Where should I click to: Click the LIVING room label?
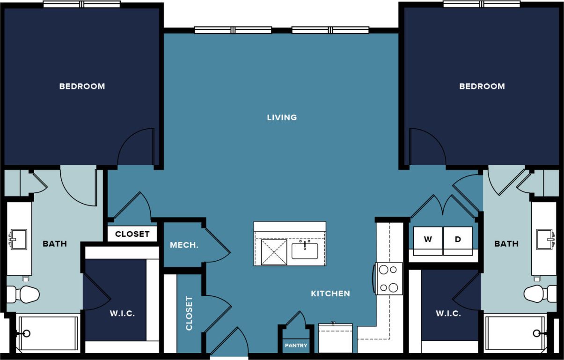pyautogui.click(x=282, y=118)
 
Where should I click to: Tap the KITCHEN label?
pyautogui.click(x=330, y=294)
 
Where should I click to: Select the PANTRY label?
pyautogui.click(x=296, y=345)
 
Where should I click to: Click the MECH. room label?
pyautogui.click(x=184, y=245)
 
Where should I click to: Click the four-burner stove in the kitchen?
pyautogui.click(x=389, y=279)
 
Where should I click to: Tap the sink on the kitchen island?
pyautogui.click(x=305, y=250)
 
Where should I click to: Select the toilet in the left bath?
pyautogui.click(x=23, y=294)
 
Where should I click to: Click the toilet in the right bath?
pyautogui.click(x=540, y=294)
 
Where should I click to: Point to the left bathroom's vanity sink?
pyautogui.click(x=18, y=240)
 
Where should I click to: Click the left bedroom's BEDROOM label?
pyautogui.click(x=82, y=86)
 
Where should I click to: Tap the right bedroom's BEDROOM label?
pyautogui.click(x=482, y=86)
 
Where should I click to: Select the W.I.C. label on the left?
pyautogui.click(x=123, y=313)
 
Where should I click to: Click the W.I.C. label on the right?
pyautogui.click(x=448, y=313)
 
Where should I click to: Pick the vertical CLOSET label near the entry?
pyautogui.click(x=189, y=313)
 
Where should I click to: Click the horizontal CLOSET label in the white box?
pyautogui.click(x=132, y=234)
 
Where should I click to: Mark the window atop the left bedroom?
pyautogui.click(x=82, y=4)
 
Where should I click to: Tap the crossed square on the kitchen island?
pyautogui.click(x=274, y=252)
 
